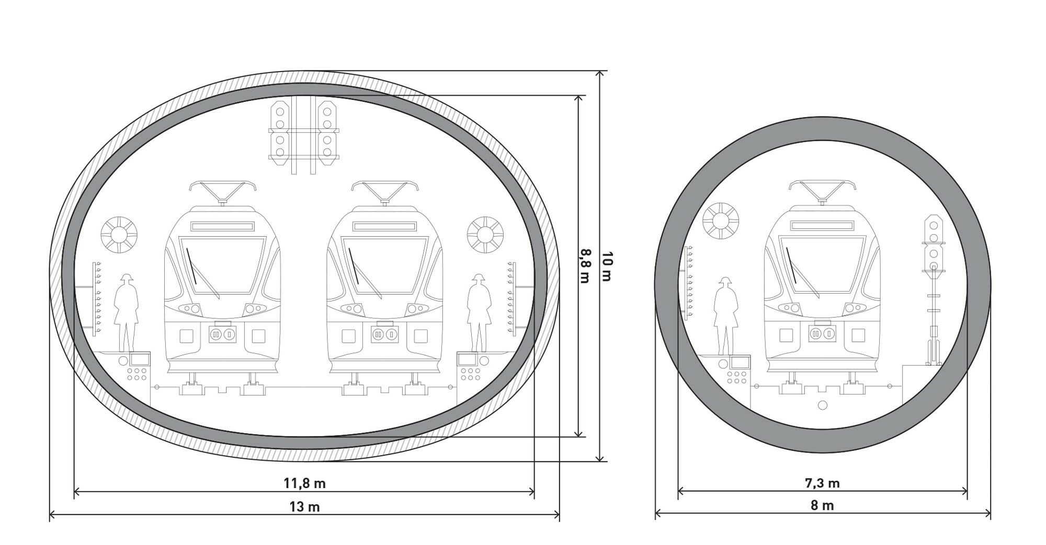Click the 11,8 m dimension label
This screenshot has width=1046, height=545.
tap(304, 483)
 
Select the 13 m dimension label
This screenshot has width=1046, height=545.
tap(304, 507)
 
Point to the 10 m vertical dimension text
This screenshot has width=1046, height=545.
tap(607, 266)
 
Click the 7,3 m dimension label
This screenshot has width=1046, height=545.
tap(822, 483)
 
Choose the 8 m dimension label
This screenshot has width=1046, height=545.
tap(822, 506)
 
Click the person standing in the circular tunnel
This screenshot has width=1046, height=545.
tap(725, 316)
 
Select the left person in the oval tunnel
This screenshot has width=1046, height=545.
tap(126, 312)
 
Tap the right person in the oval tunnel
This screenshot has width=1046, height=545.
tap(479, 312)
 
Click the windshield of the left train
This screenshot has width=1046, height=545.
tap(222, 265)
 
